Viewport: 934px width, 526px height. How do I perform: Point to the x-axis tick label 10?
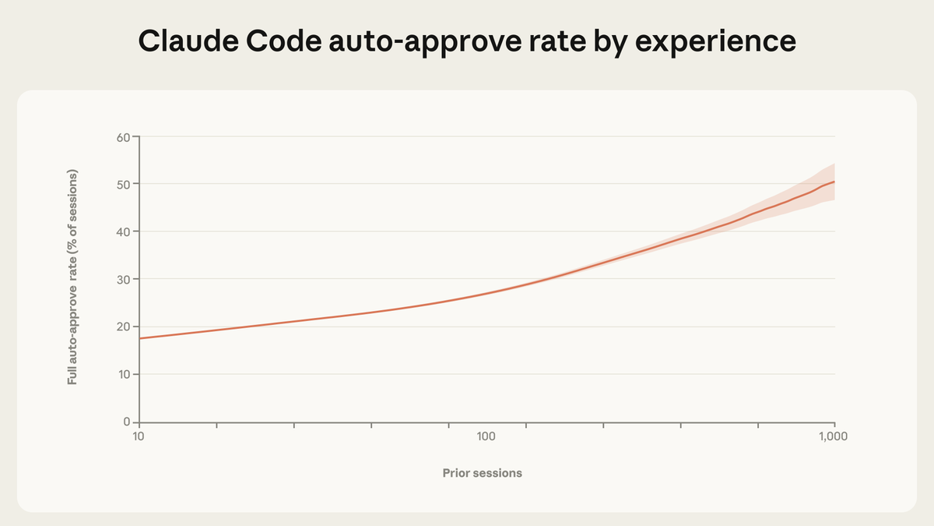click(139, 436)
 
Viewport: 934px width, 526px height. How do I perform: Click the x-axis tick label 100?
click(486, 436)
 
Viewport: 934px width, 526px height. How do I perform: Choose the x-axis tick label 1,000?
click(834, 436)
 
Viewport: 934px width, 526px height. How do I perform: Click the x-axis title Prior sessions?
click(482, 473)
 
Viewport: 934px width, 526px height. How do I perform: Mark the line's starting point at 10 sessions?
click(139, 338)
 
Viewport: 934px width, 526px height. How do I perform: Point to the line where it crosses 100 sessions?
click(486, 293)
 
